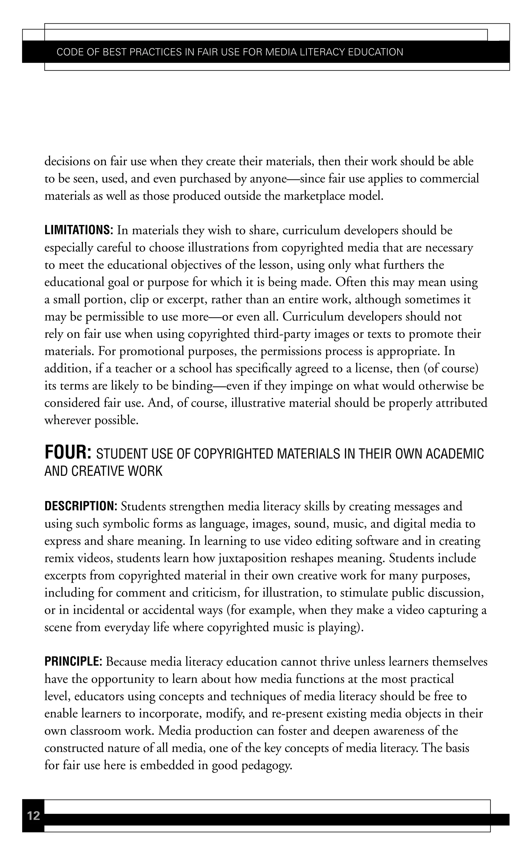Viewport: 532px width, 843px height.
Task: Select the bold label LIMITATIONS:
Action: point(79,230)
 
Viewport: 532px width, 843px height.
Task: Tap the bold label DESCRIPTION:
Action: point(81,506)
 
